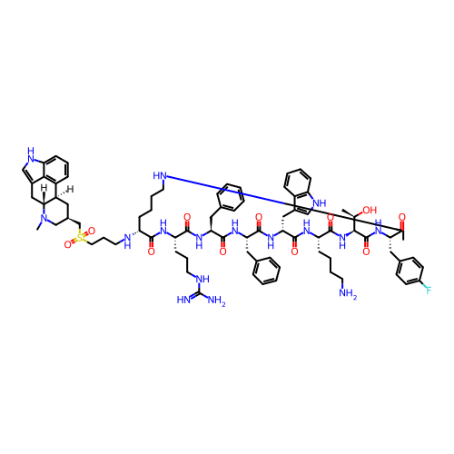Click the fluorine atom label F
(x=429, y=291)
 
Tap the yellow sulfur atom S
(x=80, y=238)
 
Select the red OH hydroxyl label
(x=370, y=210)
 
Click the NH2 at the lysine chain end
(x=348, y=293)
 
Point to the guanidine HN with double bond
(x=183, y=300)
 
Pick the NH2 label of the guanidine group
(x=216, y=301)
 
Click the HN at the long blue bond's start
(x=160, y=175)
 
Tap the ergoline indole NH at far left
(x=31, y=153)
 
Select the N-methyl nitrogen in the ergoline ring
(x=44, y=218)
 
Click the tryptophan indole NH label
(x=321, y=202)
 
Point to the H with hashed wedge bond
(x=71, y=190)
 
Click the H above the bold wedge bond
(x=44, y=188)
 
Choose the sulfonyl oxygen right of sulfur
(x=92, y=232)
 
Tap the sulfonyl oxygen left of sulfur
(x=68, y=244)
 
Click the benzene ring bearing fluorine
(x=410, y=271)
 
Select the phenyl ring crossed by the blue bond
(x=231, y=197)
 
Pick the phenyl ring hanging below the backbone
(x=266, y=271)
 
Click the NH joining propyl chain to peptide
(x=127, y=242)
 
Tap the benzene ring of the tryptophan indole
(x=297, y=183)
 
